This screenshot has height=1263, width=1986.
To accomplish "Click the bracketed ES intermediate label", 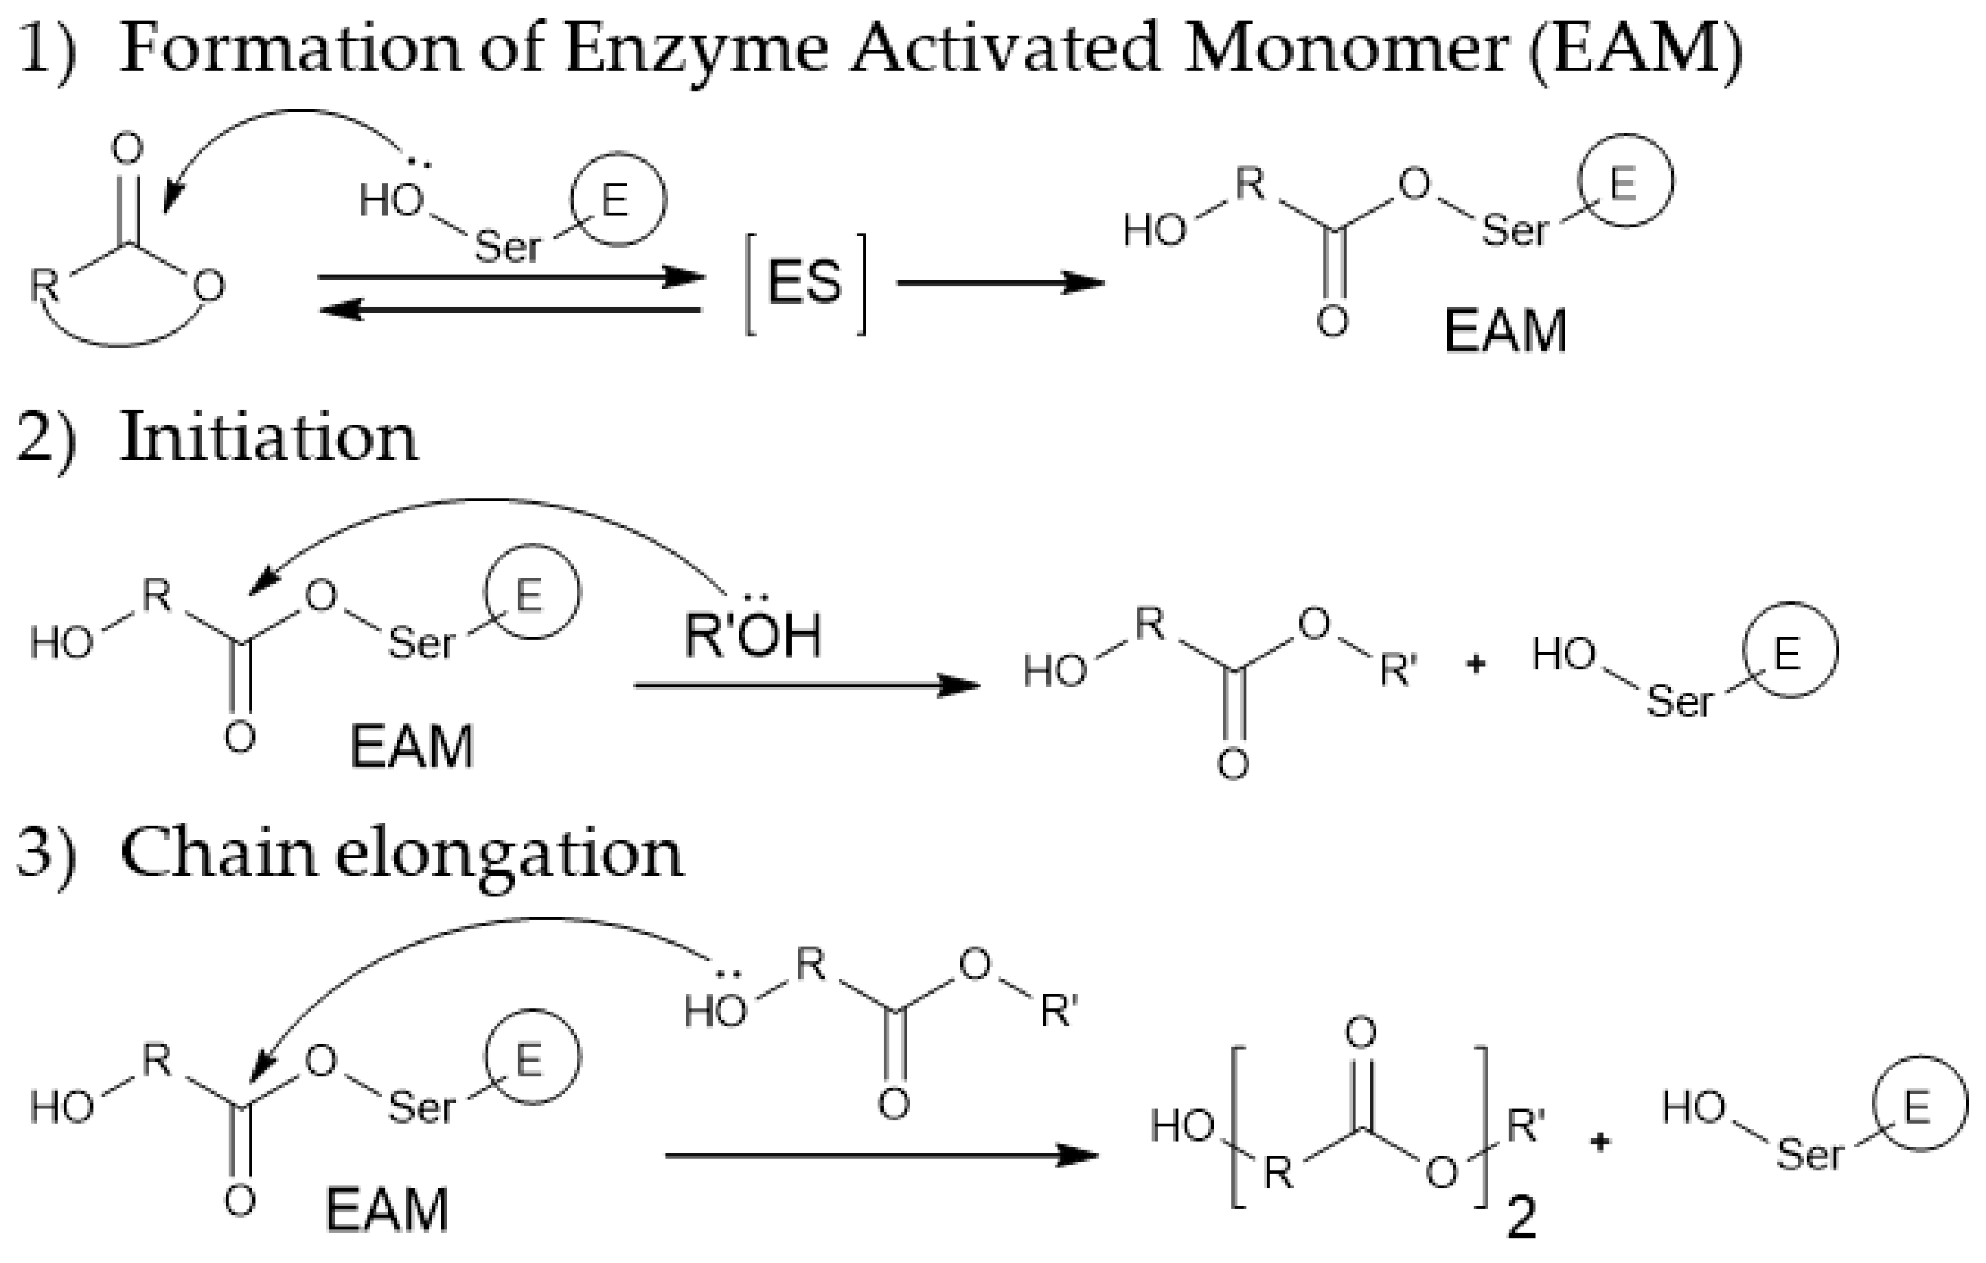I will tap(805, 283).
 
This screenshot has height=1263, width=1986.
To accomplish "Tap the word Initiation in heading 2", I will tap(269, 438).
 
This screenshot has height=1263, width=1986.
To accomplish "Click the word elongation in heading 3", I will tap(509, 855).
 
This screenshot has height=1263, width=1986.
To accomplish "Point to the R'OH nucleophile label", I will tap(752, 636).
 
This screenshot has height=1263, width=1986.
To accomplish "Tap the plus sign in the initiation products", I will tap(1476, 664).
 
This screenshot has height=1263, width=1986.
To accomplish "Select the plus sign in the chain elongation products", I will tap(1600, 1144).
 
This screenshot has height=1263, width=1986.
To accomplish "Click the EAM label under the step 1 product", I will tap(1505, 332).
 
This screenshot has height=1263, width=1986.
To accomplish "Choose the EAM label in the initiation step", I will tap(411, 747).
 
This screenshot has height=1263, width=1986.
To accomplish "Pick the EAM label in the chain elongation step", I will tap(387, 1210).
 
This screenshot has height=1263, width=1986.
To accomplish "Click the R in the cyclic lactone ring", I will tap(45, 286).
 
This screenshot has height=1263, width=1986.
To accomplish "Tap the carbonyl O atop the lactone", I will tap(127, 150).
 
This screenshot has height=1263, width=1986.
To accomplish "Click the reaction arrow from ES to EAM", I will tap(1000, 283).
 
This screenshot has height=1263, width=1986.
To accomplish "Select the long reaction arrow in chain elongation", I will tap(881, 1156).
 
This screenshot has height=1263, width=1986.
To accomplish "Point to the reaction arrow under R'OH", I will tap(807, 685).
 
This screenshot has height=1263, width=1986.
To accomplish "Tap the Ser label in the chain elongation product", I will tap(1809, 1154).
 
